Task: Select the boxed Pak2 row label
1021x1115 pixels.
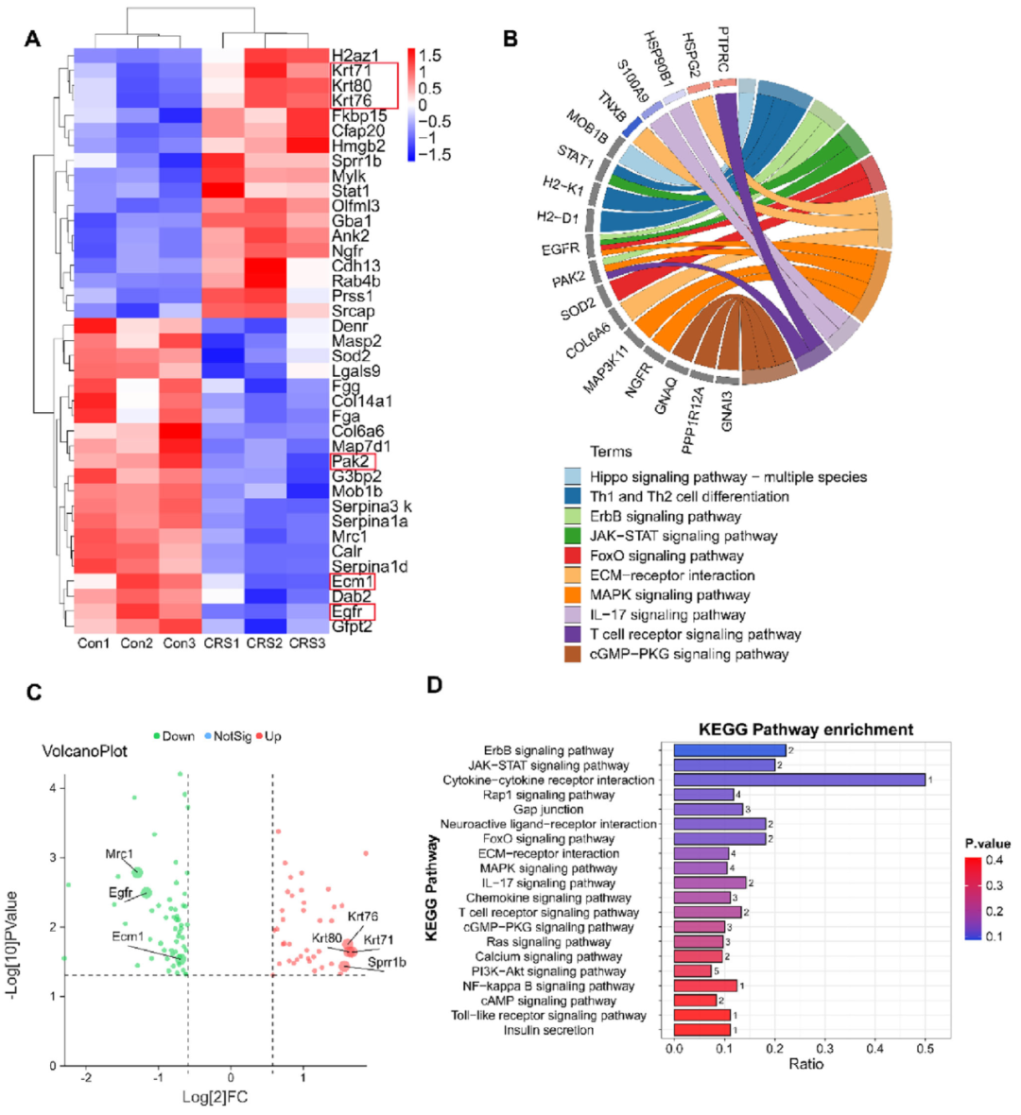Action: [352, 461]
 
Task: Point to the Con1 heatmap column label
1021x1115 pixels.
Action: [95, 643]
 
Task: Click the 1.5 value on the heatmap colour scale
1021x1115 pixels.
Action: [429, 56]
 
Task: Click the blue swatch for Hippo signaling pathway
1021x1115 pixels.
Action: [572, 476]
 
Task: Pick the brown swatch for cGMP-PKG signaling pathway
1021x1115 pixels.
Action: [572, 654]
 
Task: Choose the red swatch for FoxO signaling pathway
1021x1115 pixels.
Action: [572, 556]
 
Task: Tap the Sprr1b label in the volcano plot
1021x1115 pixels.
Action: [387, 963]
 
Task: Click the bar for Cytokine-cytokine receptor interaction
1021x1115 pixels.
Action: [799, 780]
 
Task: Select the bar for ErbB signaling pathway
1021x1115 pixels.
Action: [729, 750]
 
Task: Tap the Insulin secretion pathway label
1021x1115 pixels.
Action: [548, 1030]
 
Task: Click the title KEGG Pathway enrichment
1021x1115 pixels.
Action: [805, 729]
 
